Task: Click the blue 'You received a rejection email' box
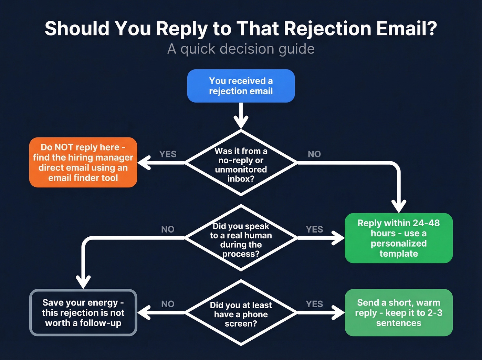pos(241,86)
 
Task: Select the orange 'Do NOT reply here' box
pos(83,162)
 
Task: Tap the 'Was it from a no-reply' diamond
pos(241,163)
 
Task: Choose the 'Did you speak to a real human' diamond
pos(241,238)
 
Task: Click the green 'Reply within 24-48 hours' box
pos(398,238)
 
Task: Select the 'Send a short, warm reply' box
pos(398,312)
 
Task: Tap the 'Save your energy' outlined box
pos(83,312)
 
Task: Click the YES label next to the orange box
pos(168,154)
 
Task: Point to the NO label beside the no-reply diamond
pos(314,154)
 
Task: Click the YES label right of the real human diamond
pos(314,229)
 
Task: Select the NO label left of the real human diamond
pos(168,229)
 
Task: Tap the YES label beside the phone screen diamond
pos(314,304)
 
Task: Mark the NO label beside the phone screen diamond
pos(168,304)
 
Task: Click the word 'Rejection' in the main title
pos(327,29)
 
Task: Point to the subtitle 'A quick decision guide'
pos(241,49)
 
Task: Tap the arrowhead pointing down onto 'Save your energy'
pos(83,282)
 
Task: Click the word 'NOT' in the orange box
pos(64,147)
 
